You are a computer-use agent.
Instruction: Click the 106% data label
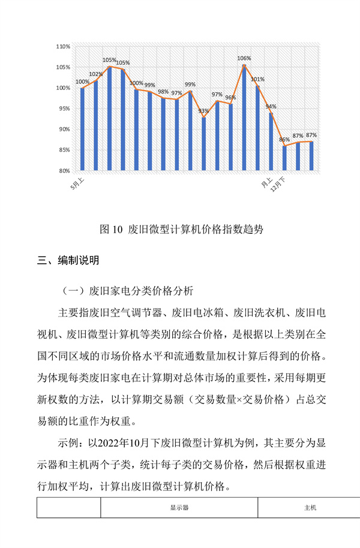(244, 58)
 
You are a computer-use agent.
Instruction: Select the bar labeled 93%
(204, 144)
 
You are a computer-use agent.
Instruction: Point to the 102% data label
(96, 74)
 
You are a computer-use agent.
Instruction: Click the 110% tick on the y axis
(63, 46)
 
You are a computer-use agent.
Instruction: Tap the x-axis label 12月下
(278, 183)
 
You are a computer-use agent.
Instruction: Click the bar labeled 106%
(244, 118)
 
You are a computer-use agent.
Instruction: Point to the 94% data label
(271, 107)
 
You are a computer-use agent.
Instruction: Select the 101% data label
(258, 79)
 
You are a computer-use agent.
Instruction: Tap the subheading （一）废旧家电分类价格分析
(128, 292)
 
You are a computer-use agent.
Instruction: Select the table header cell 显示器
(179, 507)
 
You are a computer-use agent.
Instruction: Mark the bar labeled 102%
(96, 125)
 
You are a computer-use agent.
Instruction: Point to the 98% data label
(163, 92)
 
